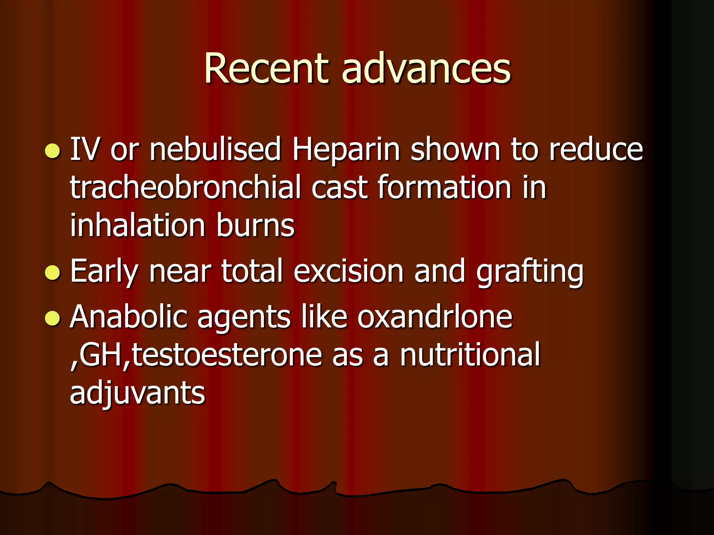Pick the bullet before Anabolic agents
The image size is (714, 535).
click(x=53, y=318)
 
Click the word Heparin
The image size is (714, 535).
click(x=346, y=150)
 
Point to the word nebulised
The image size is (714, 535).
click(x=215, y=150)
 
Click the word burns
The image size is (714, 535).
click(x=255, y=225)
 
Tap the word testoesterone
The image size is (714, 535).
click(x=227, y=355)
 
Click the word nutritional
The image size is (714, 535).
click(x=470, y=355)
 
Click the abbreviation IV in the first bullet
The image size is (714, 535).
click(x=85, y=150)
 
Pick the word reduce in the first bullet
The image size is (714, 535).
click(x=596, y=150)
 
